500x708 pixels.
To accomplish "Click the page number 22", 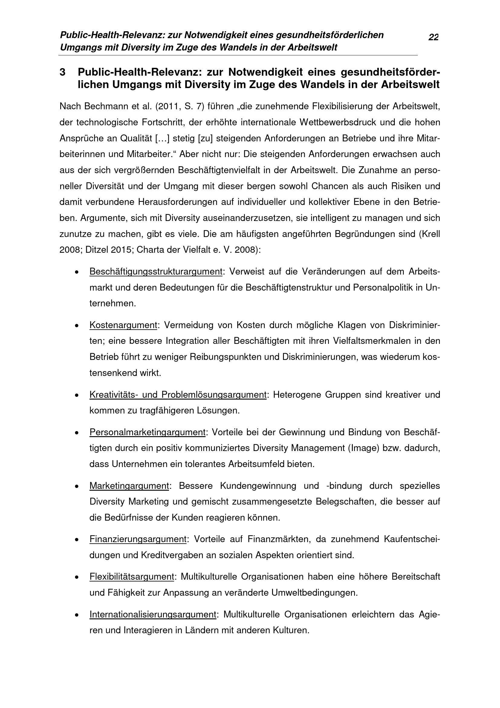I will coord(433,37).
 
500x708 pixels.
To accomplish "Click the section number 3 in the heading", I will coord(63,72).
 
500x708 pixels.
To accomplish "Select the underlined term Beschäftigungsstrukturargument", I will coord(156,272).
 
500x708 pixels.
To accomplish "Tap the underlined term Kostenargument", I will coord(123,325).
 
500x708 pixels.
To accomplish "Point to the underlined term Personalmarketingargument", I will coord(148,432).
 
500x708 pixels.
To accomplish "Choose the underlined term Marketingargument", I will coord(129,486).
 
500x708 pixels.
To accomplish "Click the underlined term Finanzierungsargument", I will coord(138,539).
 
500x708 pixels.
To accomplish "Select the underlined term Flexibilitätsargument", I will coord(132,577).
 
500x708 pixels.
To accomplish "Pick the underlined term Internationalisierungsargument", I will coord(153,614).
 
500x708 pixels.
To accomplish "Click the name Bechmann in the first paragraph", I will coord(105,106).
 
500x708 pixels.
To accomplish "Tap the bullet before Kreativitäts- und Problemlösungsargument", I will coord(76,395).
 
